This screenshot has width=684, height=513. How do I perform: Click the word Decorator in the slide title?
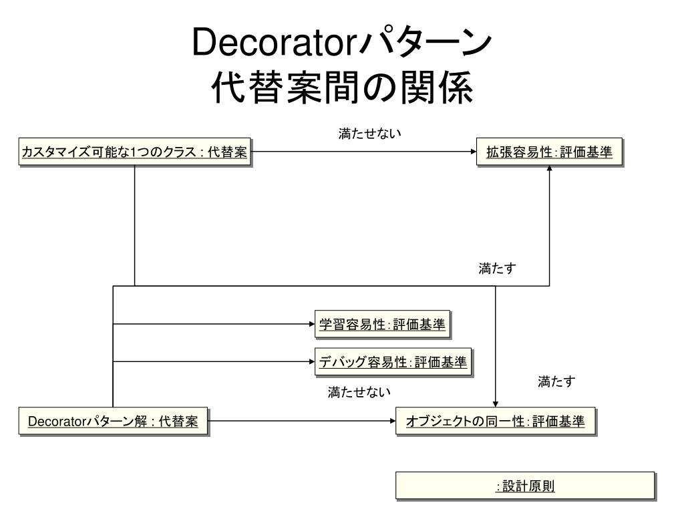click(x=275, y=43)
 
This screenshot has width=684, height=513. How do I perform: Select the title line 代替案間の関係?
click(x=341, y=88)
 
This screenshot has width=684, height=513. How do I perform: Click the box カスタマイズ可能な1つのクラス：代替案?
click(x=134, y=153)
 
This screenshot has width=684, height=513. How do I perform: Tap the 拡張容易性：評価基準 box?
click(x=549, y=152)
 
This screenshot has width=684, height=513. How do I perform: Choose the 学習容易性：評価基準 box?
click(x=382, y=324)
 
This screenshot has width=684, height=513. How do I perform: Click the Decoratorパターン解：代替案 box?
click(x=113, y=421)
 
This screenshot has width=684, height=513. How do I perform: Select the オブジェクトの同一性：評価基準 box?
click(x=495, y=421)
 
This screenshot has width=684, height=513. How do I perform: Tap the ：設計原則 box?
click(x=525, y=486)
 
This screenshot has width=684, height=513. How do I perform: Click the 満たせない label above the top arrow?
click(x=370, y=134)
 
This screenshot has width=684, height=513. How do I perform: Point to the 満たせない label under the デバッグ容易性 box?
click(x=359, y=392)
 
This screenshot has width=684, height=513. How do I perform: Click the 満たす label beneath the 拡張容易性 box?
click(x=498, y=269)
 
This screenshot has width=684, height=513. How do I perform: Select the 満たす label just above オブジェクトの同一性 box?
click(x=556, y=382)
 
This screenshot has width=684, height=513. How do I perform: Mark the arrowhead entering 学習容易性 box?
click(x=311, y=324)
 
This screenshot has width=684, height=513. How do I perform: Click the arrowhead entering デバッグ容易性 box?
click(x=311, y=361)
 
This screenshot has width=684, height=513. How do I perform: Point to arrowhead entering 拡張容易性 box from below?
click(x=549, y=169)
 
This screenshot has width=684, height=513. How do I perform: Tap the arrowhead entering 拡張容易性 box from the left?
click(x=472, y=152)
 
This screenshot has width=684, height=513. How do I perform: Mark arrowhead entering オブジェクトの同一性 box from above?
click(x=496, y=403)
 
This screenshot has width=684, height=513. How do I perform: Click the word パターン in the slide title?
click(x=424, y=43)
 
